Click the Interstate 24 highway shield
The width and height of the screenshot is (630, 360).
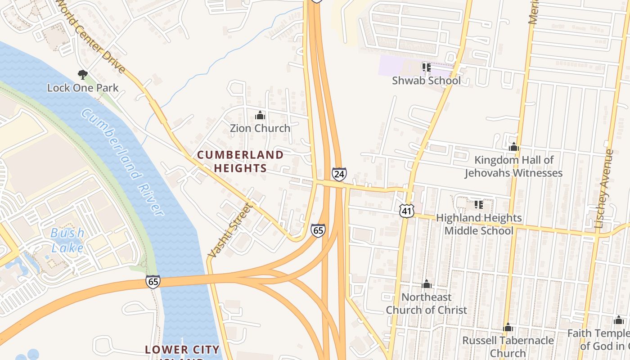point(339,174)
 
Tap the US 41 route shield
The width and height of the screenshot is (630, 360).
point(406,210)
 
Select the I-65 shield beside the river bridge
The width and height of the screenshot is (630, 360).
point(153,282)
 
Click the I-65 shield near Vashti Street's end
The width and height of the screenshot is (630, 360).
point(318,230)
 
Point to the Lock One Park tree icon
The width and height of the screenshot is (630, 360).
point(82,74)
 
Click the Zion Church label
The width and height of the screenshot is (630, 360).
point(260,128)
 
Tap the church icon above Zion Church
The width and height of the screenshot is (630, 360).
point(260,116)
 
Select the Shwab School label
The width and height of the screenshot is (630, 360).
point(426,81)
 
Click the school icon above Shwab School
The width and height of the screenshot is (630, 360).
point(426,67)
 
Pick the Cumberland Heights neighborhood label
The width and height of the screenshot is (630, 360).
point(240,162)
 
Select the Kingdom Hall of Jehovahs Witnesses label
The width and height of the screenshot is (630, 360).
point(513,166)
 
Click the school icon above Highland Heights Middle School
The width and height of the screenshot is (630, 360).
point(479,205)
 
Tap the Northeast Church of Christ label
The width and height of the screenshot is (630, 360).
point(426,303)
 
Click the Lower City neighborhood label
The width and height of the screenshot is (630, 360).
point(182,350)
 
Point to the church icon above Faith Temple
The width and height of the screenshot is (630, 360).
point(618,320)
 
